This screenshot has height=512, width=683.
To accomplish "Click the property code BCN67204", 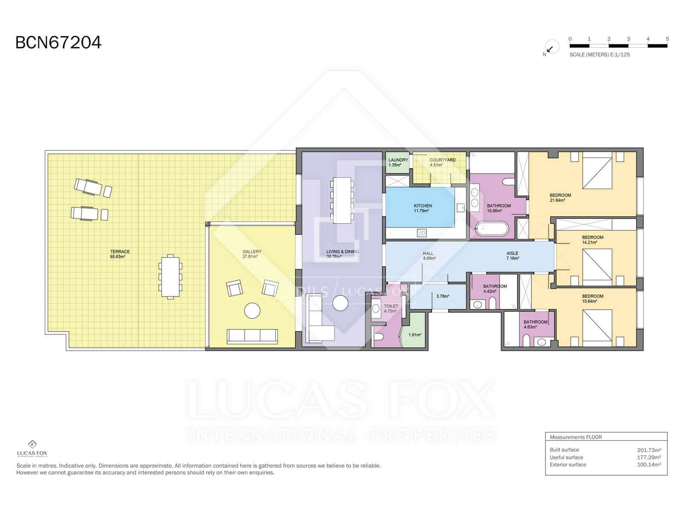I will [x=58, y=43].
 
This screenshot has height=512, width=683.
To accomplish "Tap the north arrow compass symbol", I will [x=551, y=48].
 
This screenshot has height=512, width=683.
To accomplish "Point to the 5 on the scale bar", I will [x=667, y=39].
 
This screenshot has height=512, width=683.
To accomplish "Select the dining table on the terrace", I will [x=170, y=276].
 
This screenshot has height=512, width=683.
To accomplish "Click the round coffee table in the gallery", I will [x=252, y=311].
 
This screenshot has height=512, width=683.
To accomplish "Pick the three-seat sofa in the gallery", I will [x=252, y=336].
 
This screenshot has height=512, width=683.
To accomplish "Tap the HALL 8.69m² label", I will [x=428, y=256].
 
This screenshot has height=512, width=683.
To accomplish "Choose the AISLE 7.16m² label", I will [x=512, y=256].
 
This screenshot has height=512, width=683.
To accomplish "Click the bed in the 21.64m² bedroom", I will [x=597, y=173].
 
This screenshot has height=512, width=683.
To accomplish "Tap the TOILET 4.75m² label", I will [x=391, y=308].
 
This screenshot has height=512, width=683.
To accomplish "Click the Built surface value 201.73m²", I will [x=649, y=450].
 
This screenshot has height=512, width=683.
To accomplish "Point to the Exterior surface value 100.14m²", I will [x=649, y=465].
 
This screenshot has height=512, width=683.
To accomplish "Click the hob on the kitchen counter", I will [x=422, y=233].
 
